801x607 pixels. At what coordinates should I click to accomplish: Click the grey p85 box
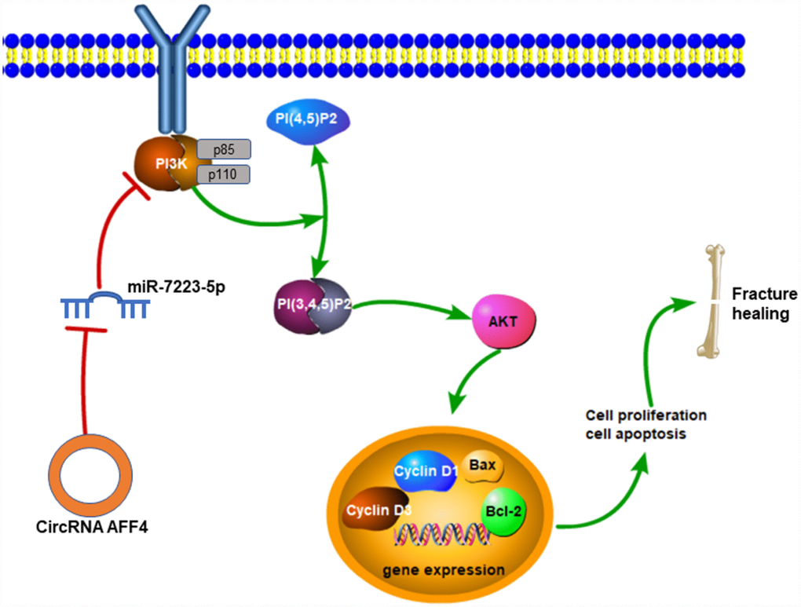click(x=224, y=149)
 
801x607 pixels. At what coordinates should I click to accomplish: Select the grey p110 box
click(x=224, y=174)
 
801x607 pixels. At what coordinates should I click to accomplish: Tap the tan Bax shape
click(x=481, y=466)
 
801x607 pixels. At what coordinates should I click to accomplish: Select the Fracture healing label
click(x=763, y=303)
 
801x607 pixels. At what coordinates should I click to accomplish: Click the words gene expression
click(x=444, y=569)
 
